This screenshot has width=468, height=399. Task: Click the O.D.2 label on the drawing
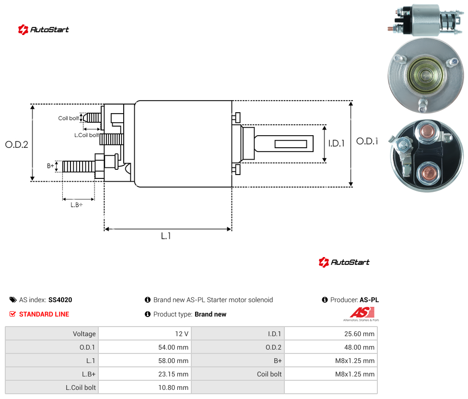click(x=17, y=145)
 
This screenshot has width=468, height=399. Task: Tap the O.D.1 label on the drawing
click(x=367, y=141)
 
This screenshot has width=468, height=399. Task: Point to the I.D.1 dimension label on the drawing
click(x=337, y=143)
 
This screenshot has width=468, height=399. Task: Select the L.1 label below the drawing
click(x=166, y=236)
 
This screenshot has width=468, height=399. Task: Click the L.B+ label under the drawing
click(x=77, y=205)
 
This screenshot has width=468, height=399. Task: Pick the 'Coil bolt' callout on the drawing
click(x=69, y=118)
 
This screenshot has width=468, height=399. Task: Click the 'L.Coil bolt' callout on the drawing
click(x=86, y=135)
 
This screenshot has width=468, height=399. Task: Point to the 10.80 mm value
click(x=173, y=387)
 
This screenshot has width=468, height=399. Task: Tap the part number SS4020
click(x=60, y=300)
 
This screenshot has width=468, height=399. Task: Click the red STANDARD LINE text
click(x=44, y=314)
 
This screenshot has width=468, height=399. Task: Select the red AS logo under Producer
click(x=362, y=313)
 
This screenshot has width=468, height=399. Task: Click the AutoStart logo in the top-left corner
click(x=44, y=30)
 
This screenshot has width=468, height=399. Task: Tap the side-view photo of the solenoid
click(x=426, y=20)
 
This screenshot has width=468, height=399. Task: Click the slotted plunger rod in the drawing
click(x=284, y=143)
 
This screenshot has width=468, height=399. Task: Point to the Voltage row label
click(x=84, y=334)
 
